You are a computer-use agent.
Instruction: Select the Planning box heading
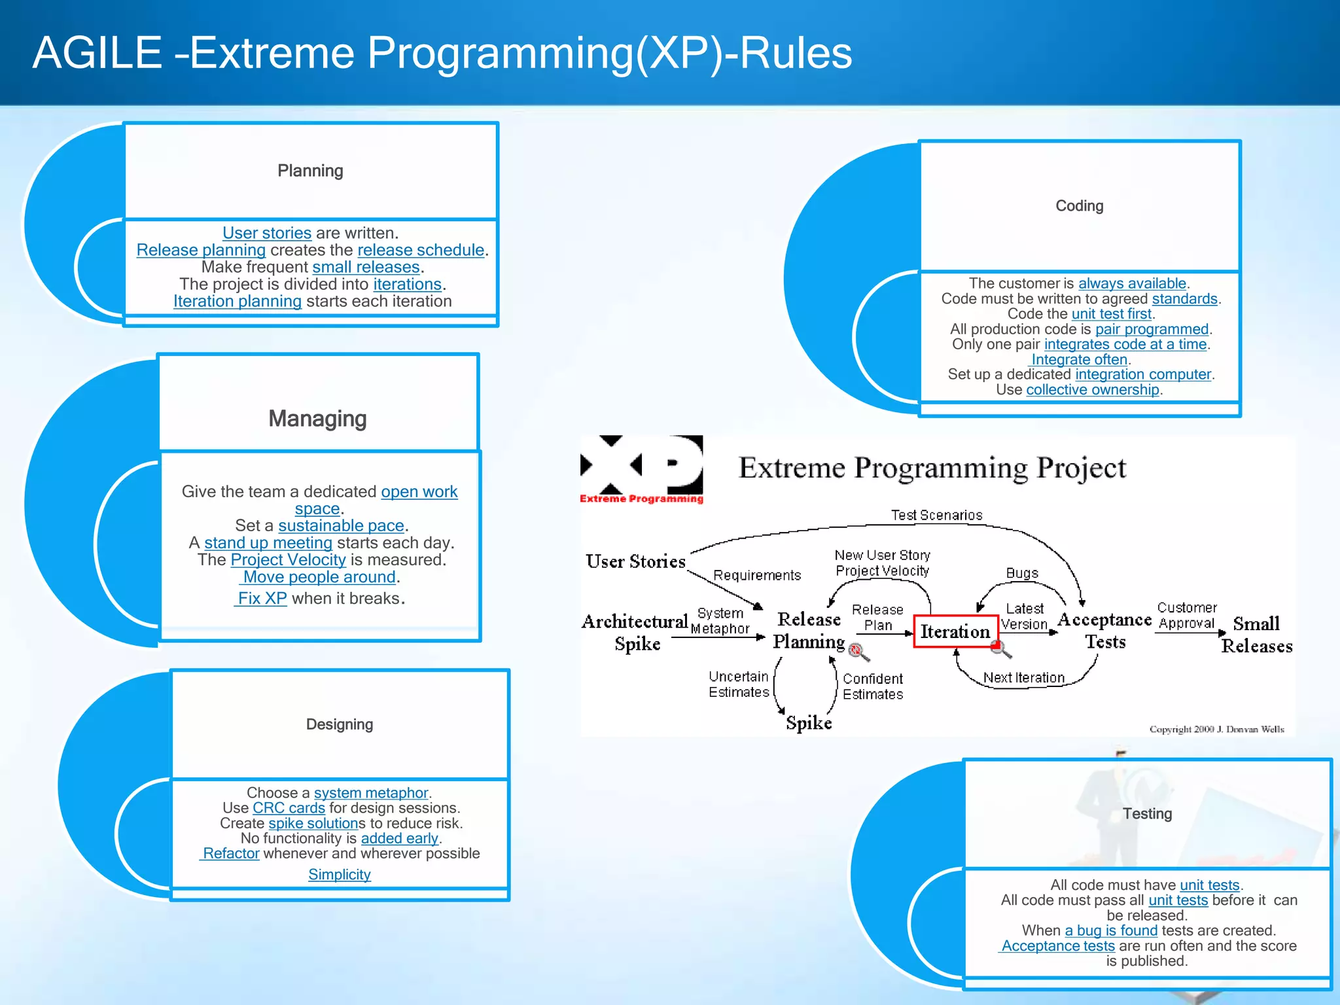pyautogui.click(x=310, y=171)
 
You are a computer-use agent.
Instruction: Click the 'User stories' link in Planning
pyautogui.click(x=266, y=233)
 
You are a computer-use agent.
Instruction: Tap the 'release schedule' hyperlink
pyautogui.click(x=421, y=250)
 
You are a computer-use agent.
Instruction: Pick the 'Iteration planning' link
pyautogui.click(x=237, y=301)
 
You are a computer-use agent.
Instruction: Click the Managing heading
pyautogui.click(x=317, y=419)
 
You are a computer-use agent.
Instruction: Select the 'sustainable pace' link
pyautogui.click(x=341, y=525)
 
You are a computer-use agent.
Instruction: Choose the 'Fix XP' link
pyautogui.click(x=262, y=598)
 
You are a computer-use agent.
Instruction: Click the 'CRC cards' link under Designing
pyautogui.click(x=289, y=808)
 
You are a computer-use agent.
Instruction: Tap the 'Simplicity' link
pyautogui.click(x=339, y=875)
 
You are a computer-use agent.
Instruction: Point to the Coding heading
pyautogui.click(x=1079, y=206)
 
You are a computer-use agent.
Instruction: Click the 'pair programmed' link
pyautogui.click(x=1152, y=329)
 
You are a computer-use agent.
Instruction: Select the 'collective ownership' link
pyautogui.click(x=1092, y=390)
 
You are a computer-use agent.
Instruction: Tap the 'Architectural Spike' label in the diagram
pyautogui.click(x=635, y=632)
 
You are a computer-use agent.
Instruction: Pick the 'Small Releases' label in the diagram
pyautogui.click(x=1256, y=635)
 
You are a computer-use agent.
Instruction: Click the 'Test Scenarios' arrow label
pyautogui.click(x=936, y=515)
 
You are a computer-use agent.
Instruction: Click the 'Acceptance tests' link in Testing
pyautogui.click(x=1057, y=946)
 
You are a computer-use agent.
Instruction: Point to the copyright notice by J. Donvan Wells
pyautogui.click(x=1216, y=729)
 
